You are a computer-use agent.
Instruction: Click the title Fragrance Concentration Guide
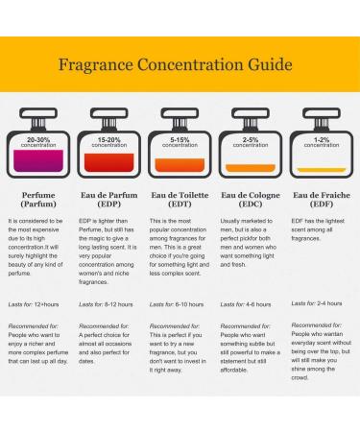pyautogui.click(x=180, y=68)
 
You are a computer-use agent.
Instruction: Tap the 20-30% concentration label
pyautogui.click(x=39, y=142)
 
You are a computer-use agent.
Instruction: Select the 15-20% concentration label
pyautogui.click(x=109, y=142)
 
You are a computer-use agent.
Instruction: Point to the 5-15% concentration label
pyautogui.click(x=180, y=142)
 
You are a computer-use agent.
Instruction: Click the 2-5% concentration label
pyautogui.click(x=251, y=142)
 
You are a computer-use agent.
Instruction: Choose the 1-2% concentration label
pyautogui.click(x=321, y=142)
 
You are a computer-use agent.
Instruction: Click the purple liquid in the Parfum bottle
pyautogui.click(x=39, y=163)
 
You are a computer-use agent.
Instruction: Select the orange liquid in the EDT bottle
pyautogui.click(x=180, y=170)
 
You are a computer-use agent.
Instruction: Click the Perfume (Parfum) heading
pyautogui.click(x=39, y=200)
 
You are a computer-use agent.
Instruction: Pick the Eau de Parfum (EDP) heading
pyautogui.click(x=109, y=200)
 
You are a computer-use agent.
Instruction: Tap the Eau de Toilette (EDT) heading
pyautogui.click(x=180, y=200)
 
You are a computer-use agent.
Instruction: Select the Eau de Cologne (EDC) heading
pyautogui.click(x=251, y=200)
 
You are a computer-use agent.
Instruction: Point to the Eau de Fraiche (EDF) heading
pyautogui.click(x=321, y=200)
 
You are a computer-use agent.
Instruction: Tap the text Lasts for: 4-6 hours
pyautogui.click(x=247, y=303)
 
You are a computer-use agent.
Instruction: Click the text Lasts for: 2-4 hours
pyautogui.click(x=317, y=303)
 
